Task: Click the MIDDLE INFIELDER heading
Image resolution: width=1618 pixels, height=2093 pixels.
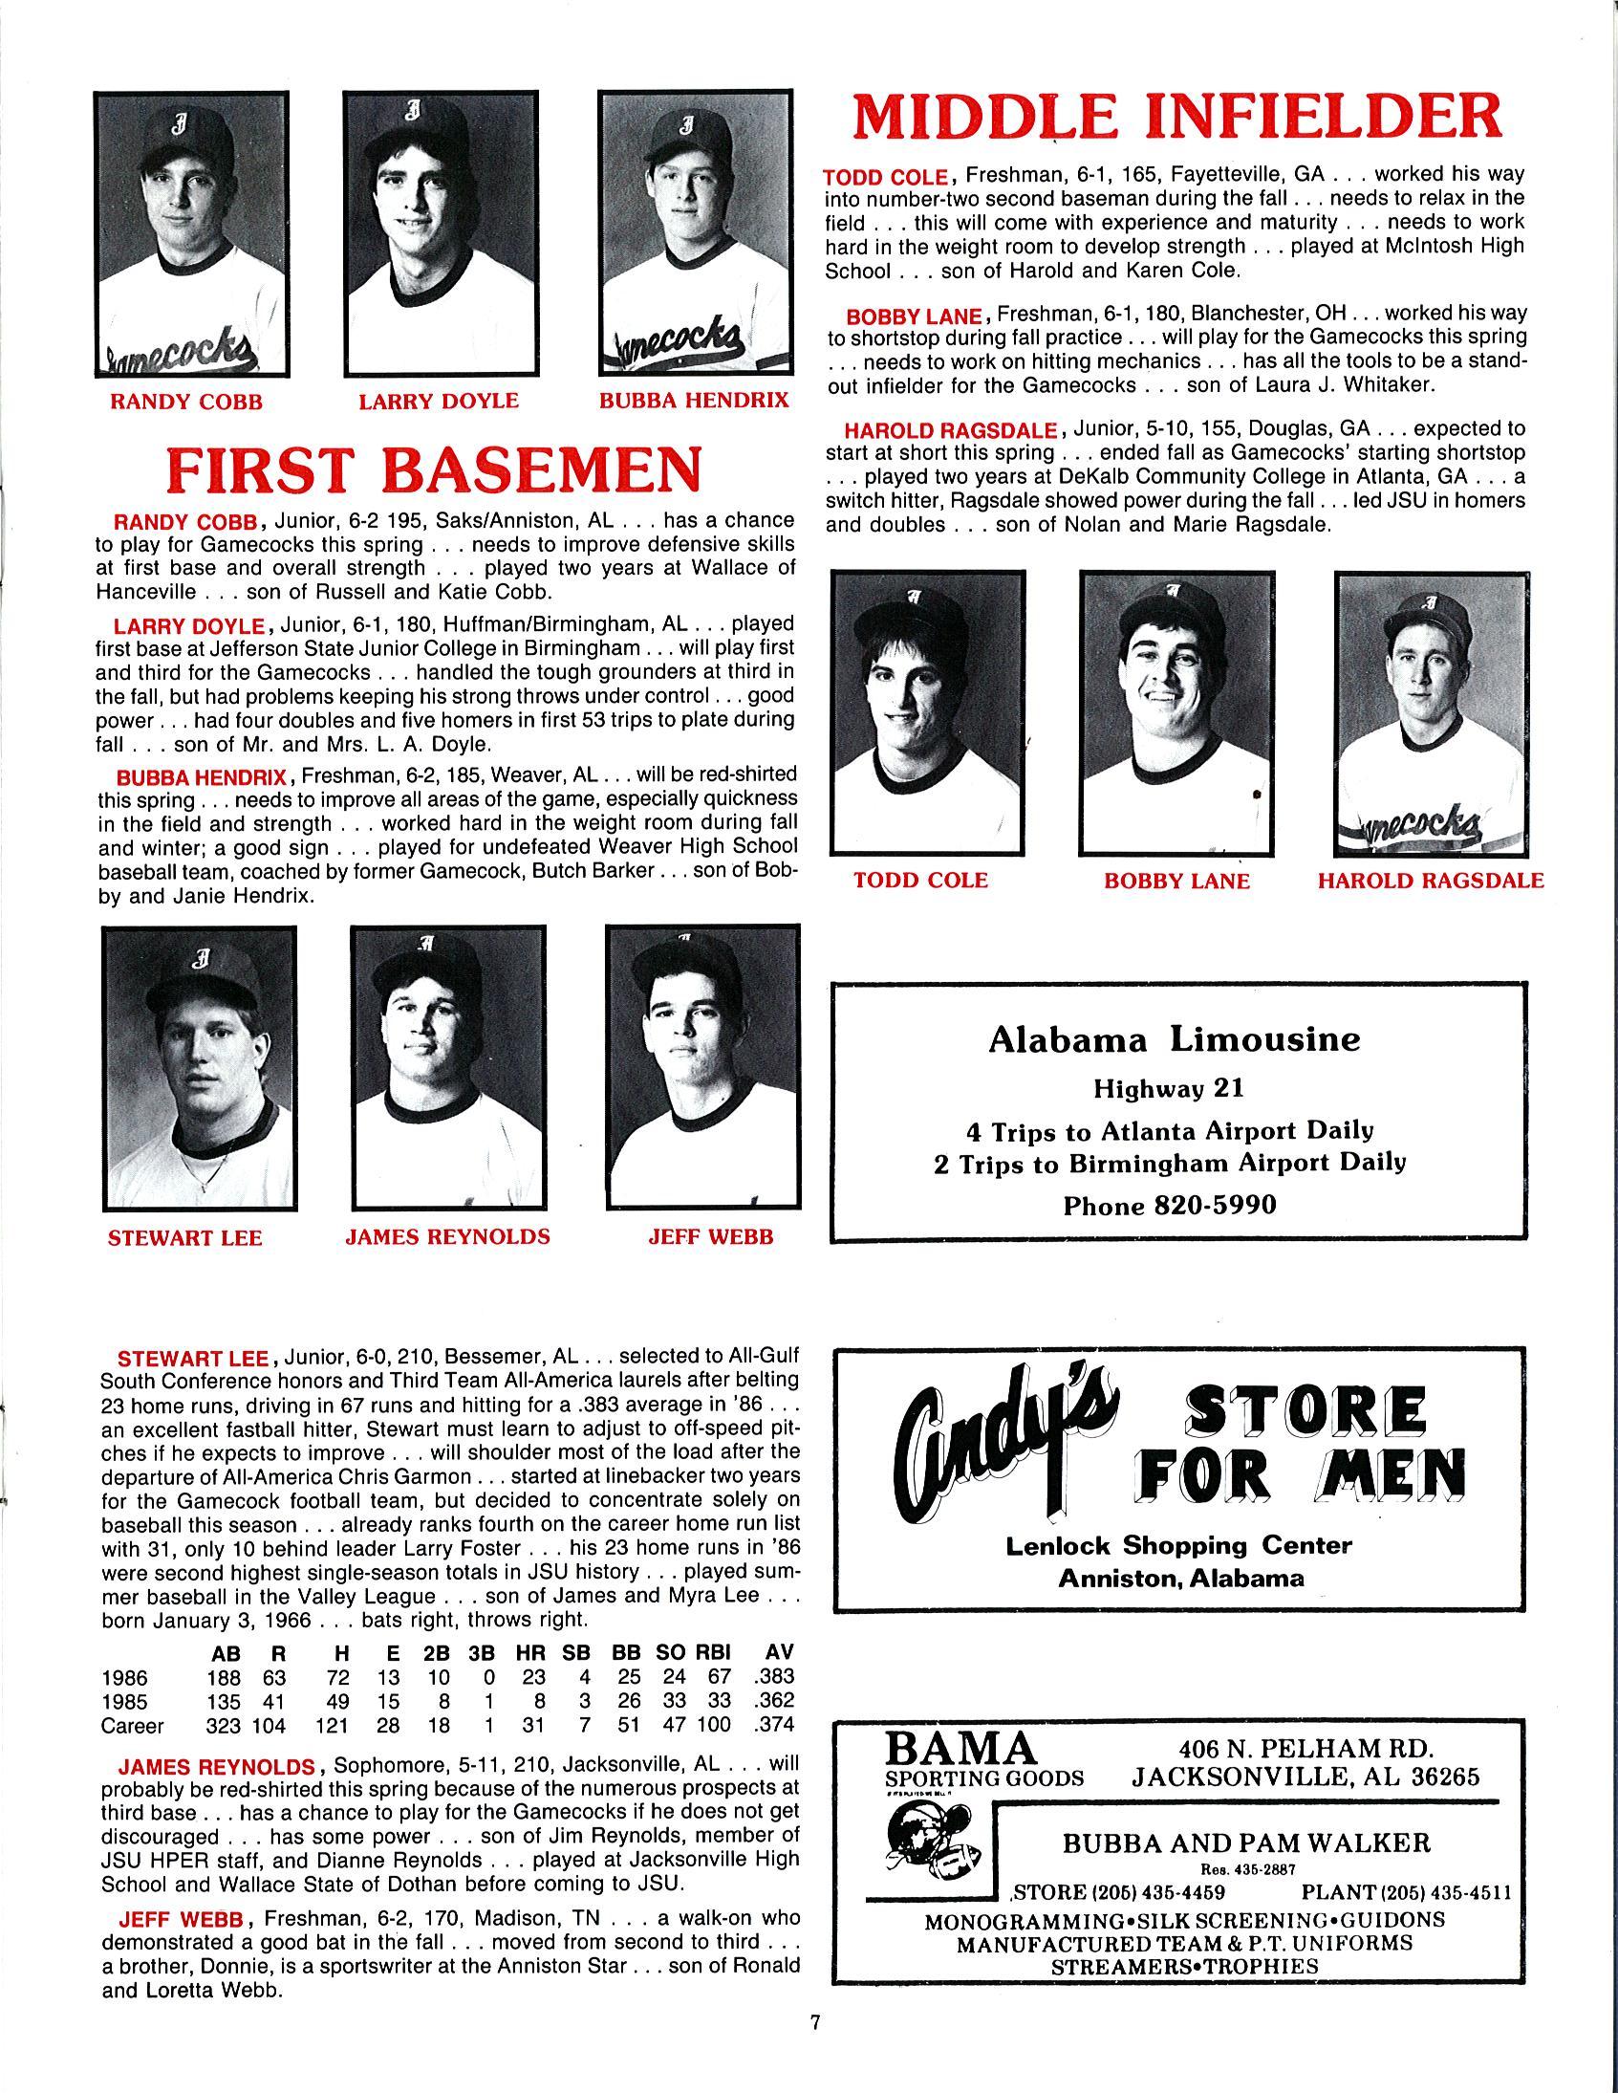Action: pyautogui.click(x=1176, y=119)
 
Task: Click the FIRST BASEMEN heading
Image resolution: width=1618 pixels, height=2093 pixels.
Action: pyautogui.click(x=433, y=469)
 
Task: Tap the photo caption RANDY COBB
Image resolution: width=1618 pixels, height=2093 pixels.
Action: pyautogui.click(x=185, y=402)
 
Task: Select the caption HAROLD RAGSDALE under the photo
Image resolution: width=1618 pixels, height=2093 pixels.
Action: pyautogui.click(x=1432, y=881)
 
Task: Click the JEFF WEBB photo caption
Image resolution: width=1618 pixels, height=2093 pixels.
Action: pyautogui.click(x=710, y=1237)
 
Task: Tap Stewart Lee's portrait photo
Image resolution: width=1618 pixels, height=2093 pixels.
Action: pyautogui.click(x=199, y=1068)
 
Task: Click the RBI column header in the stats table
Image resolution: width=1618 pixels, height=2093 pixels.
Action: pyautogui.click(x=713, y=1652)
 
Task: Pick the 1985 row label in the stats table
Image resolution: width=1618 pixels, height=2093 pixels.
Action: pyautogui.click(x=124, y=1702)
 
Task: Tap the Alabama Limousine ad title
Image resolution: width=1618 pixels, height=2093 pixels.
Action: pyautogui.click(x=1175, y=1039)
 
